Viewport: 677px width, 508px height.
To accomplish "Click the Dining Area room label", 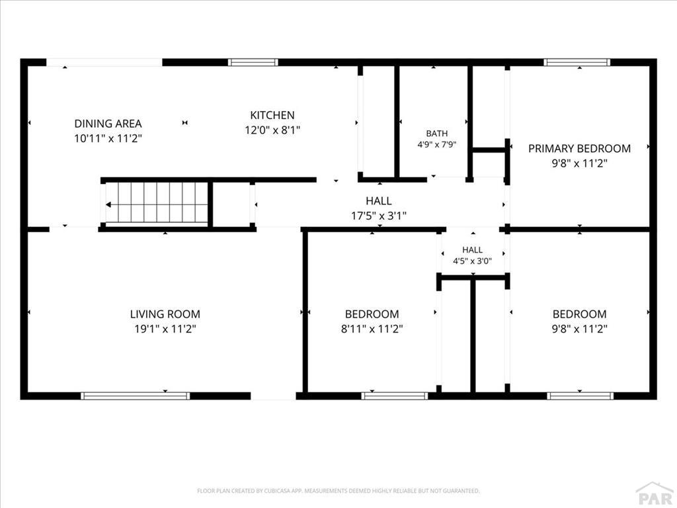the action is point(108,124).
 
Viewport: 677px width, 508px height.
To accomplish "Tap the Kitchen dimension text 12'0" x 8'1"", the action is point(272,130).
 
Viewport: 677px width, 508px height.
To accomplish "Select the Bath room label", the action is point(437,134).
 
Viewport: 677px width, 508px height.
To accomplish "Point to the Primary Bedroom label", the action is point(579,149).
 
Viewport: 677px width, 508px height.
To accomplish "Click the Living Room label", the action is point(165,314).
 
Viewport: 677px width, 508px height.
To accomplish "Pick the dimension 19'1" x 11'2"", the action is point(165,329).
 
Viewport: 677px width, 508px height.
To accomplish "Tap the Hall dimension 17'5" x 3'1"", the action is point(379,216).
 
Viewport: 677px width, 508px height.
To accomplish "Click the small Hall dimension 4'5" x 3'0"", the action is point(472,261).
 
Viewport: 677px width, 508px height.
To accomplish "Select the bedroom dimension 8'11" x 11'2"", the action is point(372,329).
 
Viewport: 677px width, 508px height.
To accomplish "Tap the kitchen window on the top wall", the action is point(253,63).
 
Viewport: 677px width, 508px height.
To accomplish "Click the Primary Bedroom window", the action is point(577,63).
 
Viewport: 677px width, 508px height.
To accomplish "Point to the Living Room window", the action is point(136,396).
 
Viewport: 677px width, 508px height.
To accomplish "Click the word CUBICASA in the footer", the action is point(281,491).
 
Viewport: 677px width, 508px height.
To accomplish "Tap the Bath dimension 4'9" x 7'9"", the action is point(437,145).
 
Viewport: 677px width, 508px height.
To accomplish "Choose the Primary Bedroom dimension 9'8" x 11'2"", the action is point(579,164).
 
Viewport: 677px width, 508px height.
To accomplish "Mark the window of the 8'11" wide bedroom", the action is point(395,396).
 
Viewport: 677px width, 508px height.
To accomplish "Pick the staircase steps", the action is point(157,202).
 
